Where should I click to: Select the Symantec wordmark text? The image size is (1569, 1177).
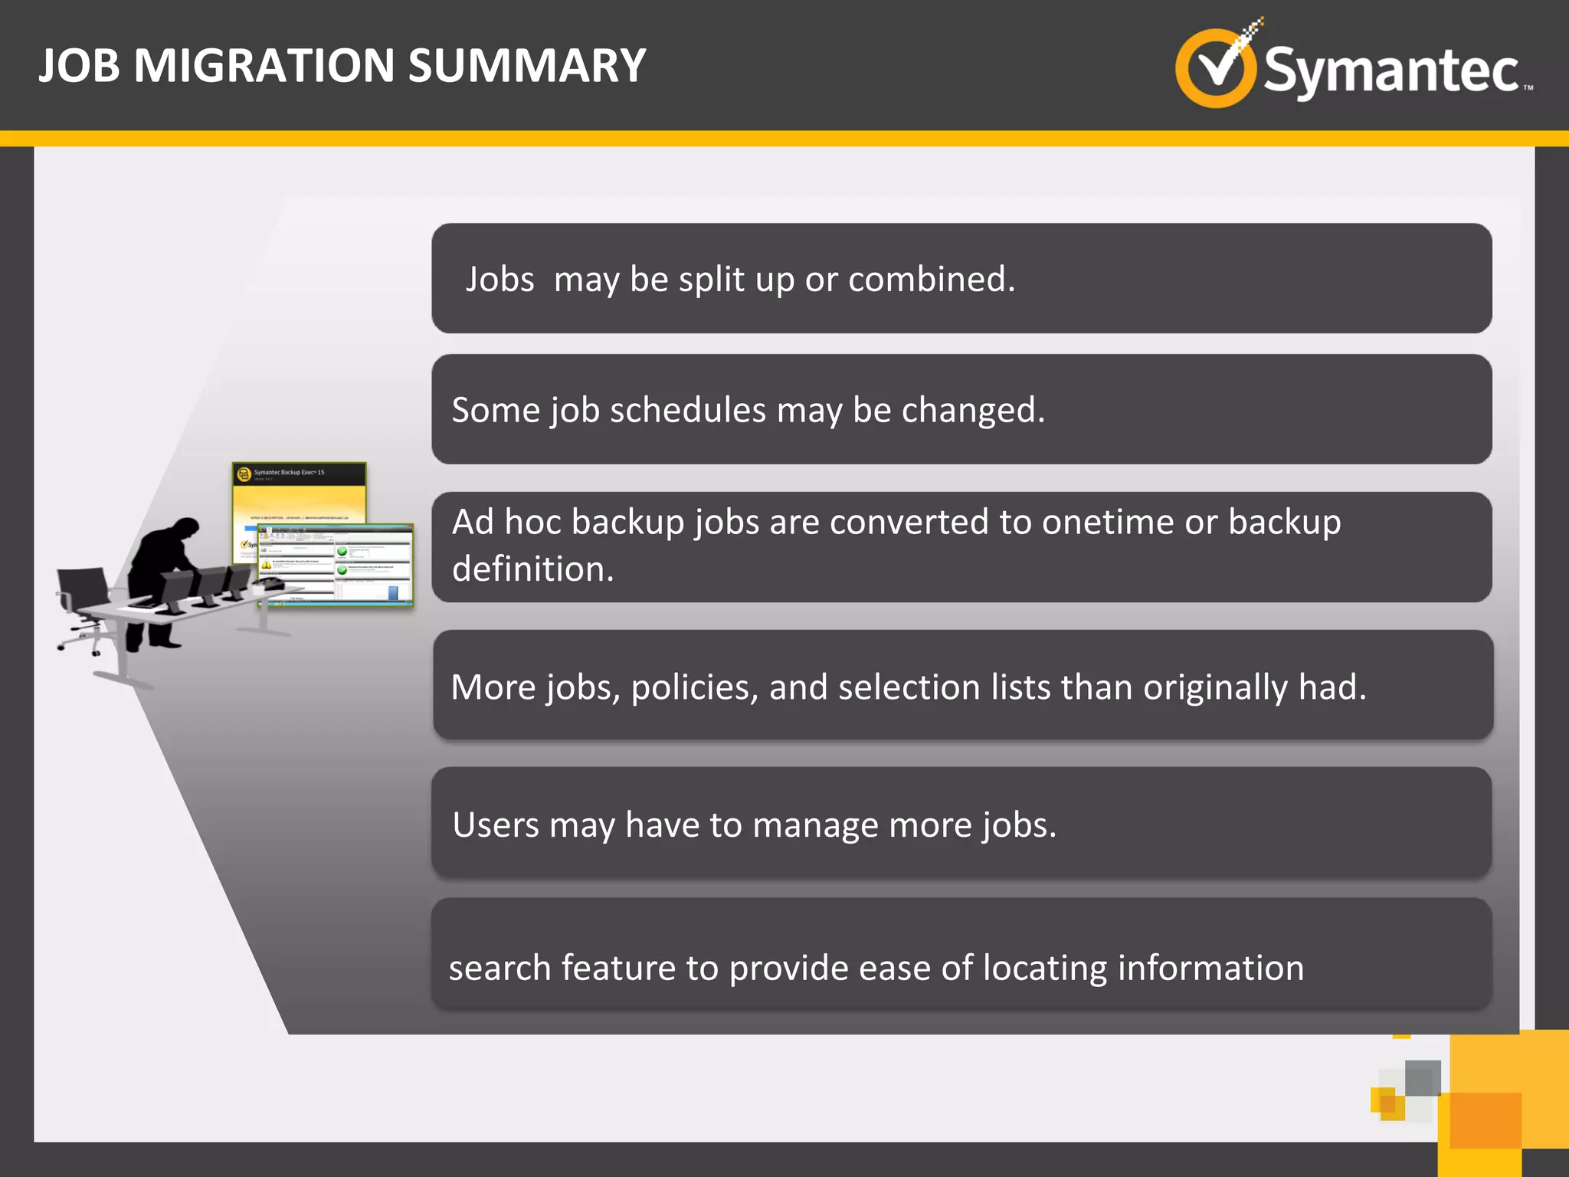pyautogui.click(x=1390, y=71)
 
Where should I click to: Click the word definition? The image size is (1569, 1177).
pyautogui.click(x=532, y=569)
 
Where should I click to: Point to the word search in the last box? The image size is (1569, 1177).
pyautogui.click(x=500, y=968)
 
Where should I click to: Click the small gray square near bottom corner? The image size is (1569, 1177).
pyautogui.click(x=1423, y=1078)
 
